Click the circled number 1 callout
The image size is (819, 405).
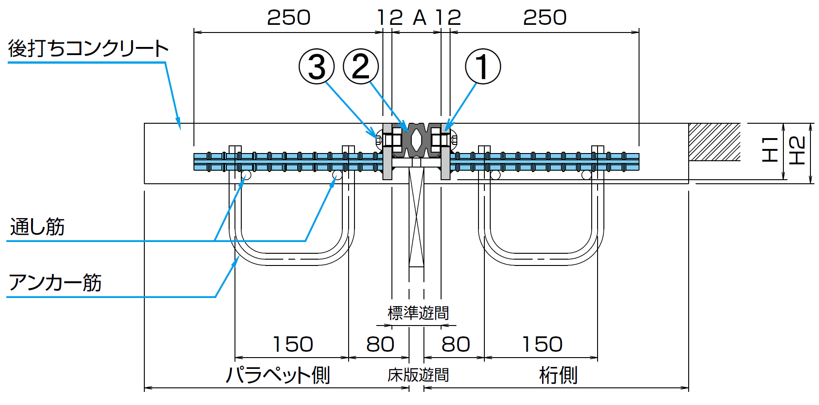pyautogui.click(x=483, y=66)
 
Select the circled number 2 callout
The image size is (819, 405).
pyautogui.click(x=360, y=66)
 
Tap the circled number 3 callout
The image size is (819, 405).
pyautogui.click(x=317, y=66)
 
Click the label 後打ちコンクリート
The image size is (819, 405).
pyautogui.click(x=88, y=49)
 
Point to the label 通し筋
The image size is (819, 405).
pyautogui.click(x=37, y=227)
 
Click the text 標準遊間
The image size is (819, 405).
pyautogui.click(x=418, y=313)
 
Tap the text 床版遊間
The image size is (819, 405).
pyautogui.click(x=418, y=375)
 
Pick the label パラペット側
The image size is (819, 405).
pyautogui.click(x=278, y=375)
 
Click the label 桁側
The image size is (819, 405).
pyautogui.click(x=558, y=375)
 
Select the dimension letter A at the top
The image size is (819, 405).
pyautogui.click(x=419, y=18)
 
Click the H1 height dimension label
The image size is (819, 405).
pyautogui.click(x=770, y=149)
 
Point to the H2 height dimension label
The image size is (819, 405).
pyautogui.click(x=797, y=150)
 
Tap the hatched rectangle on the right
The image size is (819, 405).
pyautogui.click(x=714, y=142)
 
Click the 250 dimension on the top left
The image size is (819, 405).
pyautogui.click(x=289, y=18)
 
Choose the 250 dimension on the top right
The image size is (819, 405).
pyautogui.click(x=545, y=18)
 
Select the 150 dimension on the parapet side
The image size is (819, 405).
pyautogui.click(x=293, y=344)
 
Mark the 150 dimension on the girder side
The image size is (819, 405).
pyautogui.click(x=542, y=344)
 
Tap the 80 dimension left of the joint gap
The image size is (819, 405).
pyautogui.click(x=380, y=344)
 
